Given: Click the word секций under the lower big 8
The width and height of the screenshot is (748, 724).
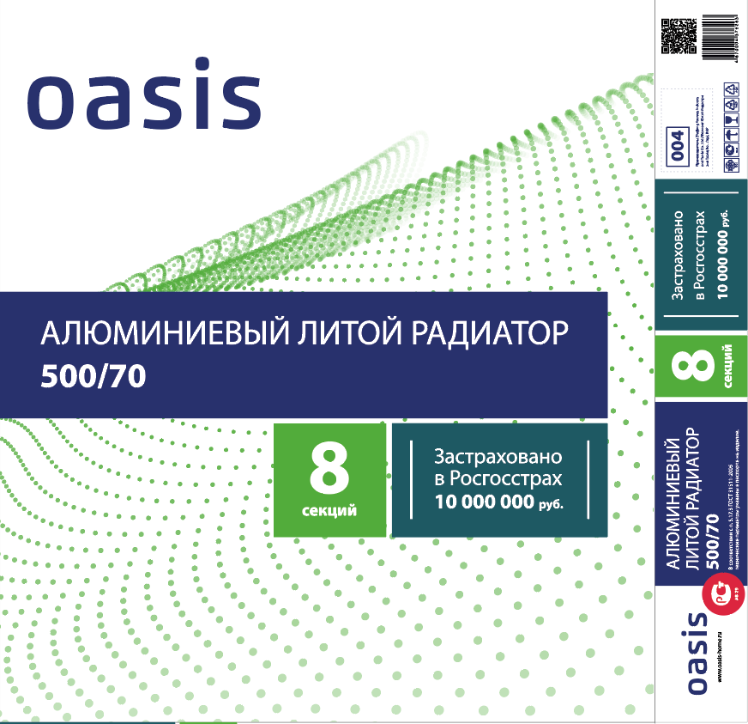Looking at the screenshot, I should (329, 512).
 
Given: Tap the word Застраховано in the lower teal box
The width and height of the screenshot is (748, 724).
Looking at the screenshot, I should (498, 455).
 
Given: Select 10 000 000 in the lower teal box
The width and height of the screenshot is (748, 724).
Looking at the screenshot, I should (485, 502).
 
